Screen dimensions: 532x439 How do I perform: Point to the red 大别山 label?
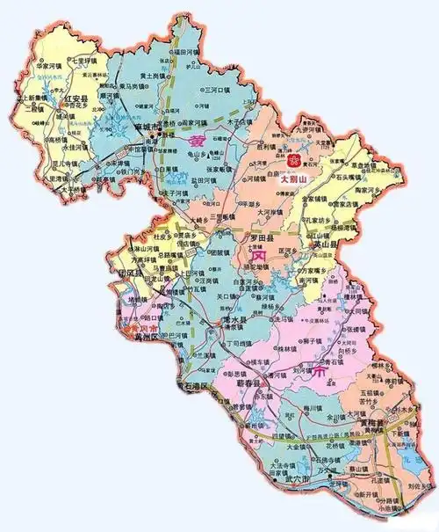click(293, 178)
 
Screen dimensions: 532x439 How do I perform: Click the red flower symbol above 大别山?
click(293, 161)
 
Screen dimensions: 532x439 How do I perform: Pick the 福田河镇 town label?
click(191, 52)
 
